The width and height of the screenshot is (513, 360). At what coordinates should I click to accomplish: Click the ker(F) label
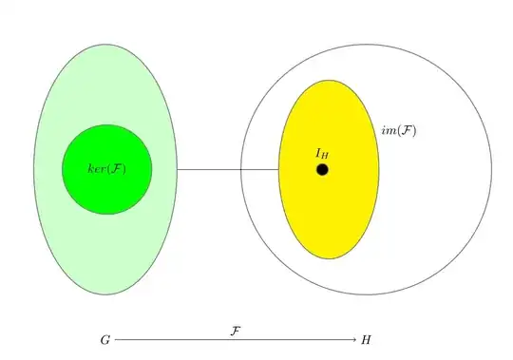(106, 169)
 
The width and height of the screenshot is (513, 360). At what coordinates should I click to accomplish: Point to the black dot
(322, 169)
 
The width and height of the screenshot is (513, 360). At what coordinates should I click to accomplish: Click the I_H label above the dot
(322, 152)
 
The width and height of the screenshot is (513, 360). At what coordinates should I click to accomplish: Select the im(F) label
(399, 130)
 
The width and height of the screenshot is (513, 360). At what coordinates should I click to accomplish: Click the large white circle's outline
(492, 171)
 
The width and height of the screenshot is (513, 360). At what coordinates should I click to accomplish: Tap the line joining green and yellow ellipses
(228, 170)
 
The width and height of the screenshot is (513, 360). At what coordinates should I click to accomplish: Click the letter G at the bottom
(104, 339)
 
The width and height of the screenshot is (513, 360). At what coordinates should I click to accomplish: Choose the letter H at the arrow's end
(367, 339)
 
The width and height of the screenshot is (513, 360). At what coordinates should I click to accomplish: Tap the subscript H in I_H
(326, 154)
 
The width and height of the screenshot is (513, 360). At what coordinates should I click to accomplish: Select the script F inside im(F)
(406, 130)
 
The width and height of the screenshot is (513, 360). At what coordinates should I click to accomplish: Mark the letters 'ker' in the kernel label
(96, 169)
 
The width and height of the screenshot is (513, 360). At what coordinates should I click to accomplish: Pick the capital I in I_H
(318, 151)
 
